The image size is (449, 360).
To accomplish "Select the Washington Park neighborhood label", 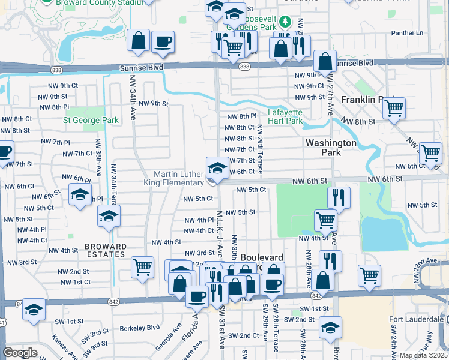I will coord(331,148).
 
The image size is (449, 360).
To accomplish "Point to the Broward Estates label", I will coord(106,251).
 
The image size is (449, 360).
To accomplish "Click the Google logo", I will coord(20,353).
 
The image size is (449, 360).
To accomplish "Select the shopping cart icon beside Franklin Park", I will coord(394,109).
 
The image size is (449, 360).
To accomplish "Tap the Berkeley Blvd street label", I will coord(139,328).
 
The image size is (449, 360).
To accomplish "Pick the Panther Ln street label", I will coord(407,32).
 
